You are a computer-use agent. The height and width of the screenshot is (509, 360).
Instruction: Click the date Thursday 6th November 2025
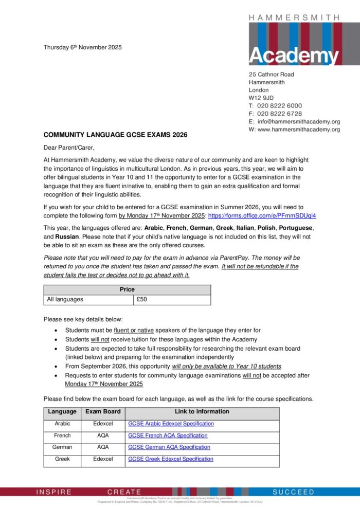(83, 47)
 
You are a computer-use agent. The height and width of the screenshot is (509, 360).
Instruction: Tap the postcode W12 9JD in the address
(261, 98)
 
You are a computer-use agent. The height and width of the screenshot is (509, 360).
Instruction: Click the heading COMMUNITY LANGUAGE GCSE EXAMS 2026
(115, 135)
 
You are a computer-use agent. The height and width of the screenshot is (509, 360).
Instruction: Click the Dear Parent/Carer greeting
(69, 148)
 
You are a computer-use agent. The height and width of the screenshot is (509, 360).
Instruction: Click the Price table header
(127, 289)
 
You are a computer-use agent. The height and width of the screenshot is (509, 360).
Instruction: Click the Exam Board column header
(103, 412)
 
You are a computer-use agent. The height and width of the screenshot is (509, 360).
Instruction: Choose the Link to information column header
(202, 412)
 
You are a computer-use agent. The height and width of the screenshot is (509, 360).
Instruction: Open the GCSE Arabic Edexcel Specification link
(171, 424)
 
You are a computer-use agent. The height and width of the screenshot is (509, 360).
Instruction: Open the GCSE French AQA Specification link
(167, 435)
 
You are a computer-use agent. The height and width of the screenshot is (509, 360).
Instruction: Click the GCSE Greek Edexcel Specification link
(170, 459)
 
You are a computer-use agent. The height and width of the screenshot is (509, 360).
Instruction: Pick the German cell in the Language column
(62, 447)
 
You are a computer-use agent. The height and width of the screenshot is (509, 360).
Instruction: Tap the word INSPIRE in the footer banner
(54, 492)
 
